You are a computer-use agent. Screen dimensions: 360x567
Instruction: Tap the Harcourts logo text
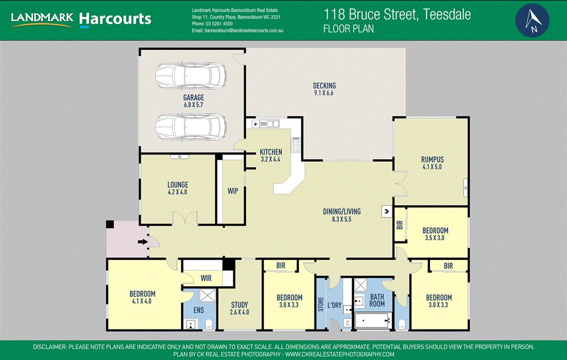pos(115,19)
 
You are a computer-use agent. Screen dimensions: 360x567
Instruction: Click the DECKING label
pos(324,86)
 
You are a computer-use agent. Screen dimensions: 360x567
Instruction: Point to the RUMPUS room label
pos(432,160)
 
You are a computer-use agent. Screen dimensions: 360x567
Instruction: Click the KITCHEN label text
pos(271,152)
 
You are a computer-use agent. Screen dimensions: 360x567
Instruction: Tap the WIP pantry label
pos(233,191)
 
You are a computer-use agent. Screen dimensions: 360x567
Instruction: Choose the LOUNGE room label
pos(178,185)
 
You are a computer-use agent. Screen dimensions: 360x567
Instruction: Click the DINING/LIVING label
pos(342,211)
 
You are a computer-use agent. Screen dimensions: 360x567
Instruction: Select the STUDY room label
pos(240,305)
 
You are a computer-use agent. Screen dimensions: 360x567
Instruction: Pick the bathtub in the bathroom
pos(373,320)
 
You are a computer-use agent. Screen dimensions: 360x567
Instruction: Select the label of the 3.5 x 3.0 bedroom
pos(435,230)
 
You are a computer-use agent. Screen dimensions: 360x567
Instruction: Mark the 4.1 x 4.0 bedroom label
pos(142,294)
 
